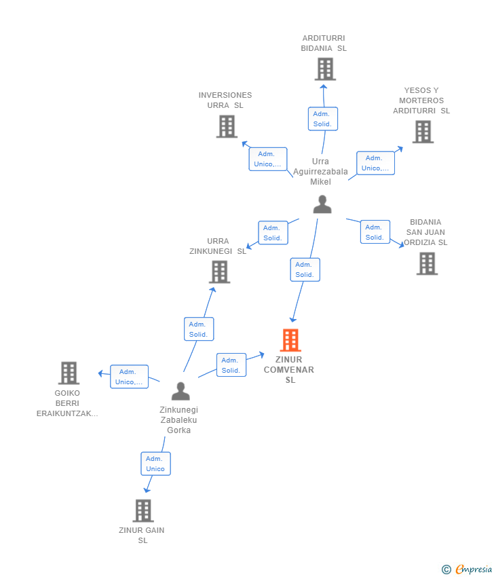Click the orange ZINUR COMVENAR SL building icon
tap(290, 340)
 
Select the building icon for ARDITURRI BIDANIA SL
tap(325, 69)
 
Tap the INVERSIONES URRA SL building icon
tap(227, 126)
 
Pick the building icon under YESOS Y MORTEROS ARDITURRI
tap(423, 132)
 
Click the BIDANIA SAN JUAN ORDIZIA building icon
tap(427, 263)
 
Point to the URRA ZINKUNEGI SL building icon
tap(220, 272)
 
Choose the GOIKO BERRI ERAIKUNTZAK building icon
tap(69, 373)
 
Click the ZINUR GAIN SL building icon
tap(143, 510)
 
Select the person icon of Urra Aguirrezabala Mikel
tap(322, 204)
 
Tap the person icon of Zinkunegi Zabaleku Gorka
tap(180, 391)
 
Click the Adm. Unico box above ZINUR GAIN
tap(155, 464)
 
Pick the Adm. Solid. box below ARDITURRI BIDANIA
tap(323, 119)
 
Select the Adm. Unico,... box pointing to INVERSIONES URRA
tap(268, 159)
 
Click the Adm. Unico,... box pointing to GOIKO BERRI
tap(129, 377)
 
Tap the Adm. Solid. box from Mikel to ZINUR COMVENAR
tap(305, 269)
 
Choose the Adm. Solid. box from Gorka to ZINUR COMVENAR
tap(231, 365)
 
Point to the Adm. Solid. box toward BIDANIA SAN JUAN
tap(375, 232)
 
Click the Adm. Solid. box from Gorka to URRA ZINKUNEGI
tap(199, 329)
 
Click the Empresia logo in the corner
tap(467, 570)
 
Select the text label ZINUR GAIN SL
tap(142, 536)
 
